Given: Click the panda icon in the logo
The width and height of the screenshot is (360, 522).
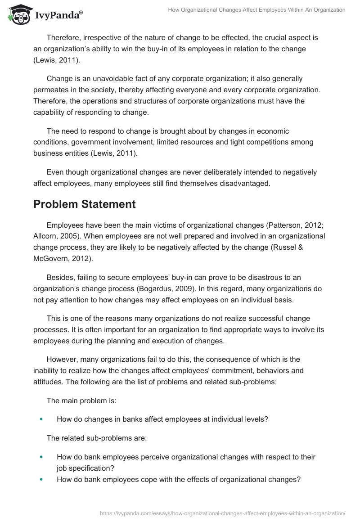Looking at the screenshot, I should (17, 15).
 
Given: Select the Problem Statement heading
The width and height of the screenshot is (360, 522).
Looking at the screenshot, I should (85, 204).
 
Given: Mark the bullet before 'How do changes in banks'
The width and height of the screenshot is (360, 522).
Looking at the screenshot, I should (41, 419).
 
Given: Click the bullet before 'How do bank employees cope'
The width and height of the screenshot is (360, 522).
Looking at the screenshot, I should (41, 479).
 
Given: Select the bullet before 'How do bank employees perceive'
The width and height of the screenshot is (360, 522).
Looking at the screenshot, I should (41, 457).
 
